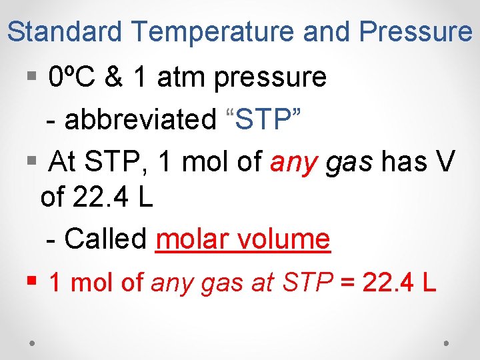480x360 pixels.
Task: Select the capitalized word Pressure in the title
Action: [x=415, y=31]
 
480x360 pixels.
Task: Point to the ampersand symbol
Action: [x=114, y=78]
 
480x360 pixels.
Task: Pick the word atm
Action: [x=182, y=78]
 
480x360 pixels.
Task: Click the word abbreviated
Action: [x=136, y=120]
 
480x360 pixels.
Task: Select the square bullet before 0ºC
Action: [x=31, y=79]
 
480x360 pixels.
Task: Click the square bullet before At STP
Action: [x=31, y=161]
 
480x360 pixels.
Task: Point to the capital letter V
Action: [x=447, y=161]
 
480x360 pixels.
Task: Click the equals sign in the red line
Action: [x=347, y=283]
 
